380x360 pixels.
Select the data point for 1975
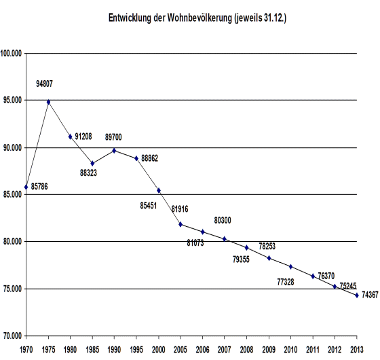click(x=48, y=102)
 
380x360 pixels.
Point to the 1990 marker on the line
click(x=114, y=150)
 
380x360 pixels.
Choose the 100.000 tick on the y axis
click(x=12, y=53)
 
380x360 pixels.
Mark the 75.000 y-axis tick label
click(x=12, y=289)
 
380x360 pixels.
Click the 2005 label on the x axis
click(x=180, y=349)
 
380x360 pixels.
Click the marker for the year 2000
click(x=159, y=190)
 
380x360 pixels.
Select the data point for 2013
click(x=357, y=295)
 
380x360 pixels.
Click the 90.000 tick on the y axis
click(x=12, y=147)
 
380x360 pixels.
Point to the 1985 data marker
click(x=92, y=163)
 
